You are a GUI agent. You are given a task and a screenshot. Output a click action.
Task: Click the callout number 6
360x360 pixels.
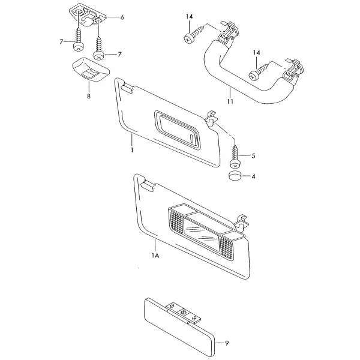click(x=122, y=17)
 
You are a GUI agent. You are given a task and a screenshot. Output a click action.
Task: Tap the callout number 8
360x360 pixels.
click(x=89, y=96)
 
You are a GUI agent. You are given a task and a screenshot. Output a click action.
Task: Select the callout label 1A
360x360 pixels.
click(x=155, y=256)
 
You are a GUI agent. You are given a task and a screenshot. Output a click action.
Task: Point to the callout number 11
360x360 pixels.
click(x=230, y=101)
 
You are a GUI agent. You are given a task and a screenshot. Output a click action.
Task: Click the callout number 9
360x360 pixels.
click(x=227, y=343)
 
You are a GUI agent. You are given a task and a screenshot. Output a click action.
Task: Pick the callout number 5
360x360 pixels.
click(x=253, y=156)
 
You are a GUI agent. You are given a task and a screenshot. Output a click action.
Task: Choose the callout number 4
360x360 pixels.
click(x=253, y=176)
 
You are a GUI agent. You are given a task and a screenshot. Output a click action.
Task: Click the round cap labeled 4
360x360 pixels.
click(x=235, y=175)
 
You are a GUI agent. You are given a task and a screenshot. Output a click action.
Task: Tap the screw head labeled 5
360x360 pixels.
click(x=235, y=164)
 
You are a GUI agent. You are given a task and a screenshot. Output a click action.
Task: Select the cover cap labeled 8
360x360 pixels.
click(x=91, y=70)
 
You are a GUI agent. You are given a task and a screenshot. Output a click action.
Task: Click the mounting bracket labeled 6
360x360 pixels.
click(x=88, y=15)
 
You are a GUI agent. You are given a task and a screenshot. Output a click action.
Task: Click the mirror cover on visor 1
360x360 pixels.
click(x=177, y=130)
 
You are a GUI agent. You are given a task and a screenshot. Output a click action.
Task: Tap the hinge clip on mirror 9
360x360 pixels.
click(x=183, y=313)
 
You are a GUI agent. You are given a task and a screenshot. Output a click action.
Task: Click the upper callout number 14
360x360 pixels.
click(x=190, y=17)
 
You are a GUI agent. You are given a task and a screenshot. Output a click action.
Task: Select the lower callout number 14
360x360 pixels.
click(x=257, y=53)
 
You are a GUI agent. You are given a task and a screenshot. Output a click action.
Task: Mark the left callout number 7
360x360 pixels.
click(x=61, y=42)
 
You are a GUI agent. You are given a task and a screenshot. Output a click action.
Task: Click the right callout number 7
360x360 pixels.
click(x=119, y=55)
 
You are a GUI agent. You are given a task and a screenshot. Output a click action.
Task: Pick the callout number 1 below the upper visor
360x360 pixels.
click(x=132, y=150)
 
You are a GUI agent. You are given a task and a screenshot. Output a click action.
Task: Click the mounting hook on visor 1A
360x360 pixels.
click(x=242, y=222)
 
